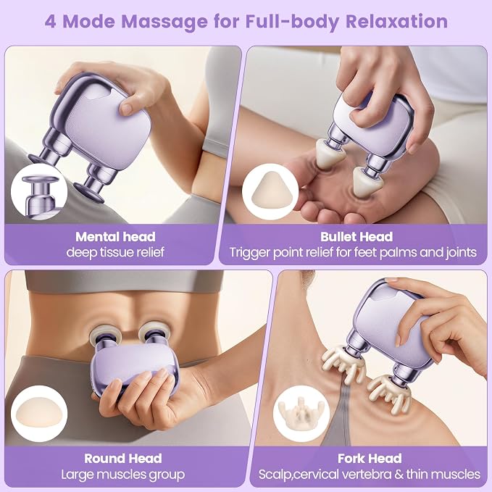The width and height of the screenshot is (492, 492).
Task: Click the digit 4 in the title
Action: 51,22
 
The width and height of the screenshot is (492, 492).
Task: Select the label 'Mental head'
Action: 115,237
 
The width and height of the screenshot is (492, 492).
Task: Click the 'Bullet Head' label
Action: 357,237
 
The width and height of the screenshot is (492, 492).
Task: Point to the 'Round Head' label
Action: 123,459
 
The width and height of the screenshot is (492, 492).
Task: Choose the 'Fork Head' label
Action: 370,459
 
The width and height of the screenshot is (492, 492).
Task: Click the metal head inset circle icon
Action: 39,192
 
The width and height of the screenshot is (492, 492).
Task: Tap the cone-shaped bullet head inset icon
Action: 270,192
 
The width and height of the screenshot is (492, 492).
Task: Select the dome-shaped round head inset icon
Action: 39,414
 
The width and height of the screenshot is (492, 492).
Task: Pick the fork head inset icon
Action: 301,414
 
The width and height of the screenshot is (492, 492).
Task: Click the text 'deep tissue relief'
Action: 115,252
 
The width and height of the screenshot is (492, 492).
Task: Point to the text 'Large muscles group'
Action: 123,475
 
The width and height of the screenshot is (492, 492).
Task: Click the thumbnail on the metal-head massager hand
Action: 127,108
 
